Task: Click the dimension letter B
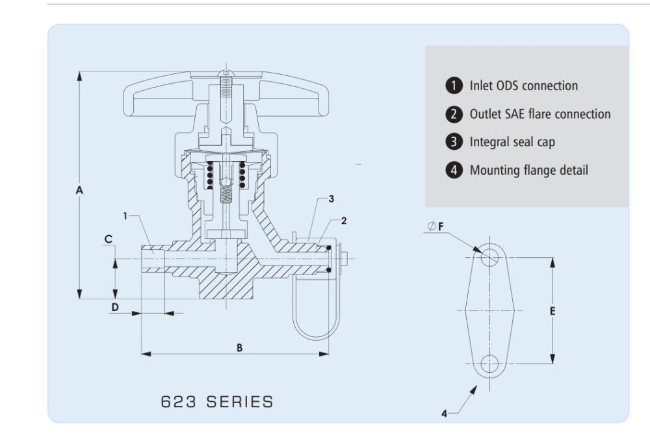(x=239, y=348)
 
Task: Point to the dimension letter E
(x=552, y=311)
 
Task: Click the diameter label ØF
(x=437, y=227)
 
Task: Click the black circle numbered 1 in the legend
(x=454, y=86)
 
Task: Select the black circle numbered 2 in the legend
(x=454, y=114)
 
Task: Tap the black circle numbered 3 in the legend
(x=454, y=142)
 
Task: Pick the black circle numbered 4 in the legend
(x=454, y=171)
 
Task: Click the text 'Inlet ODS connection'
(x=523, y=86)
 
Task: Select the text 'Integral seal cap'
(x=512, y=142)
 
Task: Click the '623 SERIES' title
(x=217, y=401)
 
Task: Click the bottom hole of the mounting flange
(x=489, y=364)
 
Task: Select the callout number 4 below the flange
(x=445, y=414)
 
